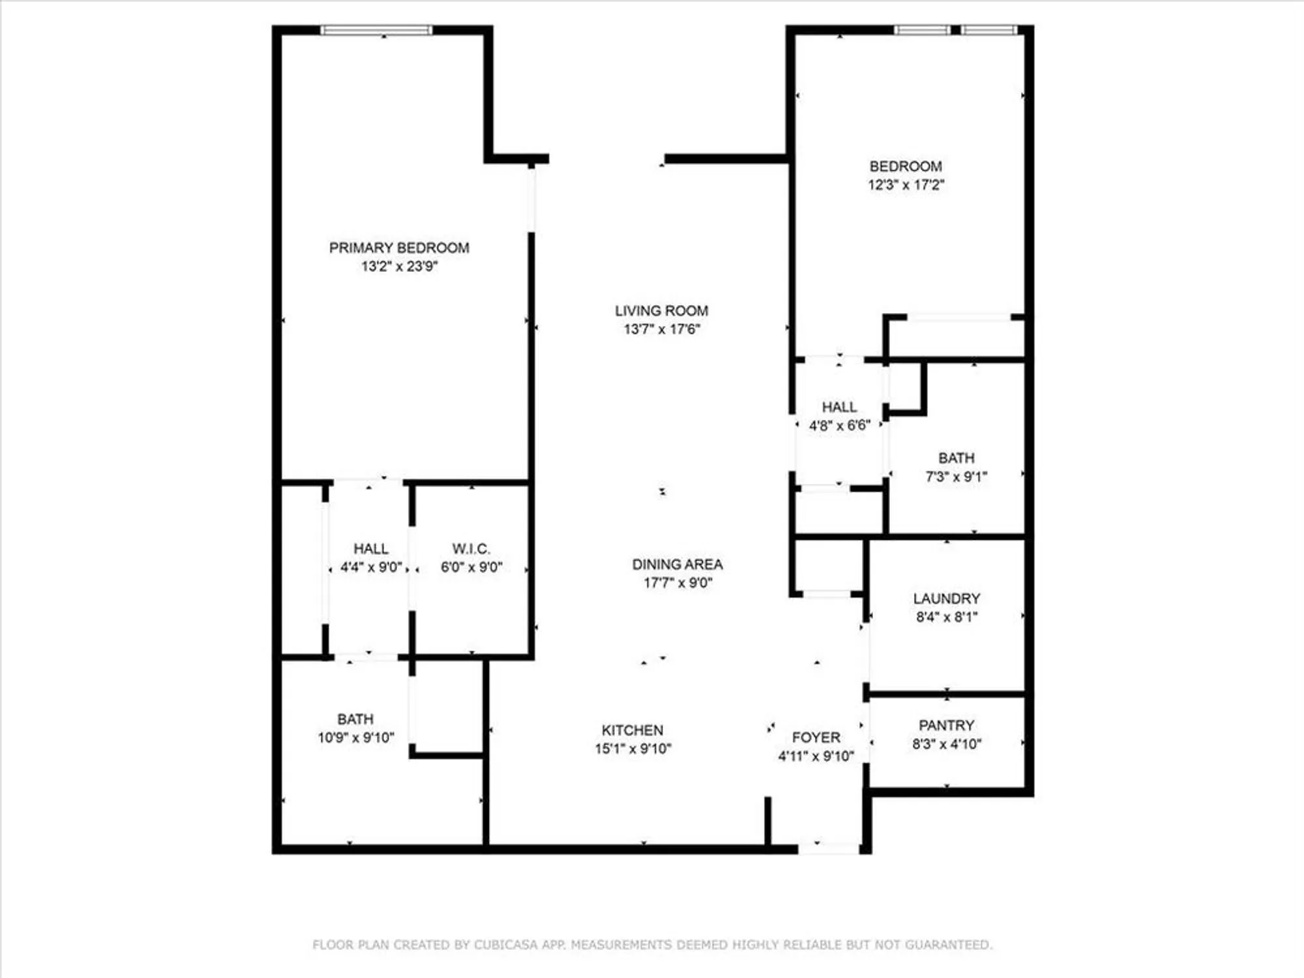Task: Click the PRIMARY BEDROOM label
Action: coord(399,248)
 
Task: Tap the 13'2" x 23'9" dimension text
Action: coord(399,266)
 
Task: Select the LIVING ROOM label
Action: coord(661,311)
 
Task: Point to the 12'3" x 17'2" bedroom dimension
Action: coord(906,185)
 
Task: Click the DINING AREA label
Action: coord(677,564)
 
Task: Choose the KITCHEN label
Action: coord(632,730)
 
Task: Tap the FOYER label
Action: coord(816,737)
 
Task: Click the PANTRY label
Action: coord(947,725)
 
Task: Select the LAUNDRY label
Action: coord(947,599)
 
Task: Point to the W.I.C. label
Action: coord(471,548)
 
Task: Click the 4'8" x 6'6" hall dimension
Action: coord(840,426)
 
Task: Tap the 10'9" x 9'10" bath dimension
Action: coord(356,737)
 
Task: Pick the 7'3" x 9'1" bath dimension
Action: coord(956,477)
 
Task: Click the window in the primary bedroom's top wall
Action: coord(377,30)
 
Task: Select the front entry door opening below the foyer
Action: coord(829,848)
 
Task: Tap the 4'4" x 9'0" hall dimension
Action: coord(371,567)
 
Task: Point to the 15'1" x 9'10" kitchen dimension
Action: coord(632,748)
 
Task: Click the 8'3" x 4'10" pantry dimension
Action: coord(947,744)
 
